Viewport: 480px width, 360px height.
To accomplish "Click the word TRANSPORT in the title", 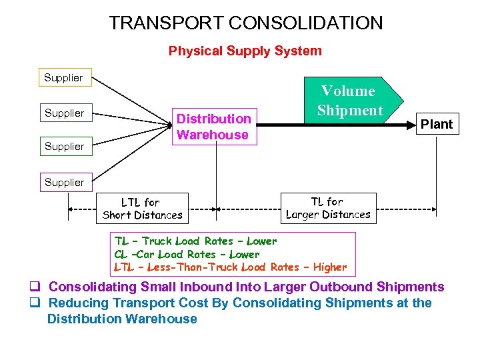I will (x=166, y=23).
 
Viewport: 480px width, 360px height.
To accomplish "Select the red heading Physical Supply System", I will (x=245, y=51).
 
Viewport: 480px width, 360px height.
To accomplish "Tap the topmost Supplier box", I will (x=63, y=78).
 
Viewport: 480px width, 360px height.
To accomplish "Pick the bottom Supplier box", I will (x=63, y=182).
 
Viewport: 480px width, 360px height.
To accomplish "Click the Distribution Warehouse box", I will (x=213, y=127).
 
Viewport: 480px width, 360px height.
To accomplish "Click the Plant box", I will (x=437, y=124).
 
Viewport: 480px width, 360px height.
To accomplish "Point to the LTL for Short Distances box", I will (x=142, y=208).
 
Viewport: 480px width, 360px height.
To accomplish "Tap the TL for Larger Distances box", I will (x=327, y=208).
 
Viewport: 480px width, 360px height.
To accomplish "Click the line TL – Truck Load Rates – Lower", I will (x=195, y=241).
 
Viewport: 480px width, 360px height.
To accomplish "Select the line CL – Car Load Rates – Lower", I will (x=187, y=254).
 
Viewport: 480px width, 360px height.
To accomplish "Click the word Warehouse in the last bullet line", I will (x=159, y=319).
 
